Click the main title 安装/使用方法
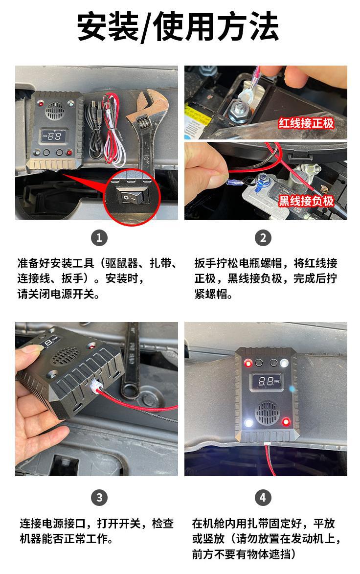[178, 26]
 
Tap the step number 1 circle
[99, 238]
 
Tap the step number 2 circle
[263, 238]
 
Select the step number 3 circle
[99, 498]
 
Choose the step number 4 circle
[263, 498]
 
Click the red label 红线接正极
[306, 123]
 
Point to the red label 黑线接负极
[306, 201]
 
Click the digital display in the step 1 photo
[54, 137]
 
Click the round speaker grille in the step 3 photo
[66, 355]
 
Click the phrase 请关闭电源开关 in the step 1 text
[57, 294]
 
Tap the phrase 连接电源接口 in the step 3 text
[53, 524]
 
